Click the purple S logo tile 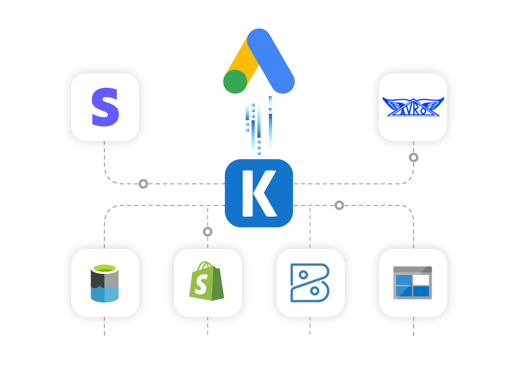[x=105, y=107]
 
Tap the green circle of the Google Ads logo [x=235, y=82]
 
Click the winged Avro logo [x=413, y=107]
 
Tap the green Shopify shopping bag [x=206, y=281]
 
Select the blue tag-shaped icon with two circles [x=310, y=282]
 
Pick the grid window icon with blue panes [x=412, y=282]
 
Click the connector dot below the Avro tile [x=413, y=158]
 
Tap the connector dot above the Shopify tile [x=207, y=232]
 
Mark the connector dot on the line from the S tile [x=144, y=184]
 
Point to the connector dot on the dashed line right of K [x=339, y=206]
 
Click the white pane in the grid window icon [x=421, y=280]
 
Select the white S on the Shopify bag [x=202, y=284]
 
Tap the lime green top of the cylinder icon [x=105, y=268]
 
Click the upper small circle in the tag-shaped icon [x=303, y=274]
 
